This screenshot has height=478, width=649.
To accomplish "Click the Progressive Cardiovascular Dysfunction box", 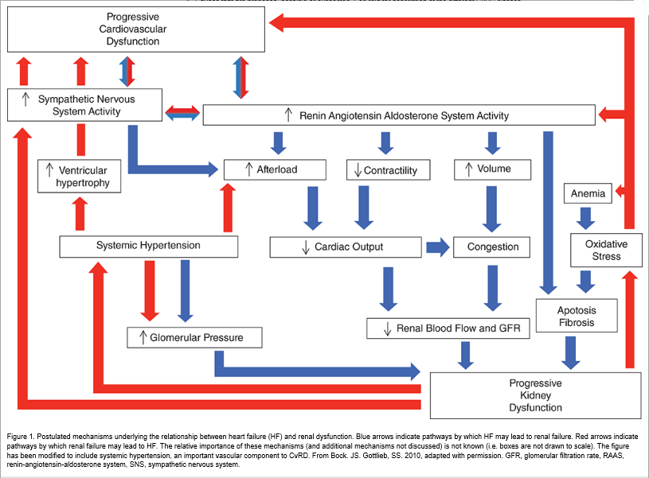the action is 136,29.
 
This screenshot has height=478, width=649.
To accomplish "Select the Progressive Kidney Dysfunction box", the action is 536,395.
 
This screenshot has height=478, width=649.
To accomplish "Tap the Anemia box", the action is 588,193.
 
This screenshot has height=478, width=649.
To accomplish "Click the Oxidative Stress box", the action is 606,251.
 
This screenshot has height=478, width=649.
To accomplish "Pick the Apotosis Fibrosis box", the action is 577,316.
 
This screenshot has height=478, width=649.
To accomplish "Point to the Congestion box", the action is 491,247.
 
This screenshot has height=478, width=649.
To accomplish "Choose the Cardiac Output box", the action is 346,247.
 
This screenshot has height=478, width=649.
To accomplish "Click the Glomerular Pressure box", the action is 194,337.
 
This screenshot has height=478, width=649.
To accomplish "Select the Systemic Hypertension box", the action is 149,247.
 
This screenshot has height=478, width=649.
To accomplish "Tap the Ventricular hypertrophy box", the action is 79,176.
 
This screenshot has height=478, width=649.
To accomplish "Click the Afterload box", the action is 275,169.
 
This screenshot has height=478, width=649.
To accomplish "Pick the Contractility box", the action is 389,170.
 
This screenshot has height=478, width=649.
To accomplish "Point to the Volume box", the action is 493,169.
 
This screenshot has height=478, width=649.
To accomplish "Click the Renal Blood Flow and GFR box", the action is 448,328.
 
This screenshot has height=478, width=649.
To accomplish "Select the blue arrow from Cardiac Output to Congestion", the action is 438,247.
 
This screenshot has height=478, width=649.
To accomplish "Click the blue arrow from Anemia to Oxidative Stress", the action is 585,219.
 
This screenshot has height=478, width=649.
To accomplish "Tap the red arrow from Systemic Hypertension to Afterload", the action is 228,208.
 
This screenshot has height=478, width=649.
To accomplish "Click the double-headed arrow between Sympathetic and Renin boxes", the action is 182,112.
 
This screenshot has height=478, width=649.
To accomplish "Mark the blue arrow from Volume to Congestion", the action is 491,209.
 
